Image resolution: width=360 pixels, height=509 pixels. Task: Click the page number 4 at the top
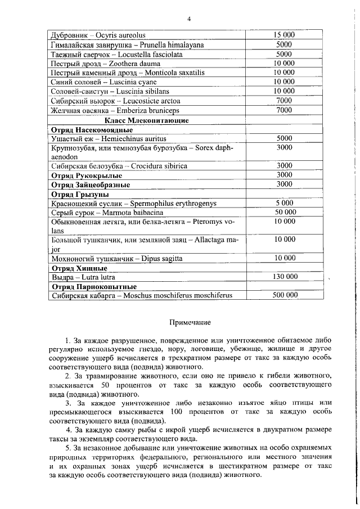click(x=190, y=19)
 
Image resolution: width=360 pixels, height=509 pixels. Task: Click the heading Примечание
click(x=190, y=322)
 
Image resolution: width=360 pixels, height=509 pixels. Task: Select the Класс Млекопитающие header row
click(x=147, y=120)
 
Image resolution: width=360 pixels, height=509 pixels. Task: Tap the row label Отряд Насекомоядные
click(x=88, y=129)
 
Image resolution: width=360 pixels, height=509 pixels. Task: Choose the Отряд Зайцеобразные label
click(x=91, y=184)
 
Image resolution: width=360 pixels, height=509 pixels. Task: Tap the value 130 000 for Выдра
click(x=285, y=277)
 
